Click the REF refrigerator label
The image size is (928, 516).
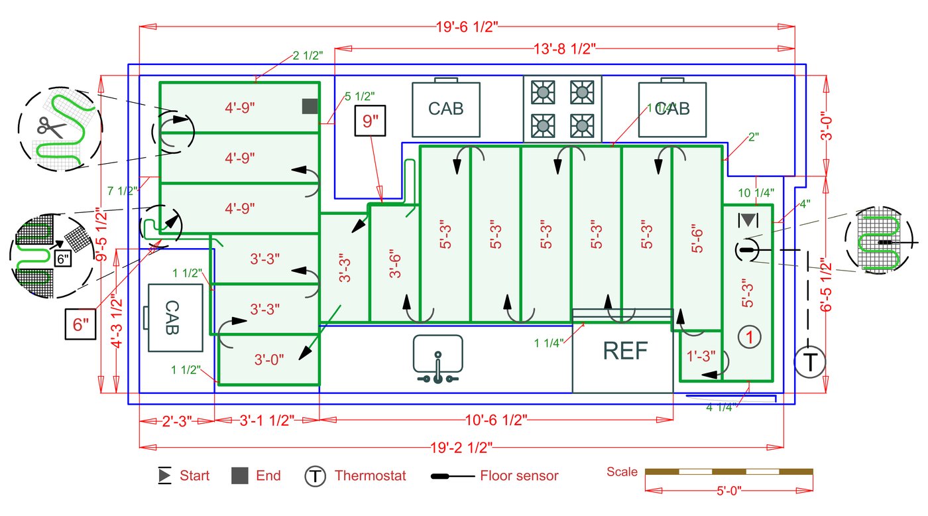(x=625, y=351)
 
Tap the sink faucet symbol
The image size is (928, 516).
(x=438, y=368)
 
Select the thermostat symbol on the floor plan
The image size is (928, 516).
(x=810, y=362)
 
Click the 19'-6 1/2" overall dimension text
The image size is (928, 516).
(x=467, y=27)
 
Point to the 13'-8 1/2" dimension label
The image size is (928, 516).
(x=564, y=49)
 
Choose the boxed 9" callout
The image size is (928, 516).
(x=371, y=121)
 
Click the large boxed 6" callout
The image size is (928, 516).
(x=80, y=324)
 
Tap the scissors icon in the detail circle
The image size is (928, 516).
(x=51, y=127)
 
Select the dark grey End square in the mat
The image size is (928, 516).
(x=310, y=106)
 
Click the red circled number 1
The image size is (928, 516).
(x=750, y=337)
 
